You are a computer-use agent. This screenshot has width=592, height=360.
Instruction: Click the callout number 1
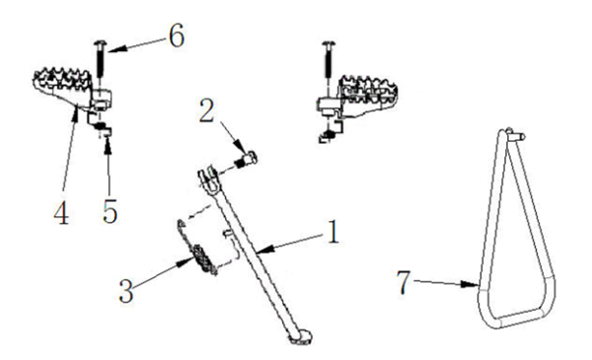(x=333, y=232)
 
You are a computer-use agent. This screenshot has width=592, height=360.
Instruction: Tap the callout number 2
(x=207, y=110)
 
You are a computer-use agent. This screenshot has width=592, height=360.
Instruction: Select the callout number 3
(x=126, y=291)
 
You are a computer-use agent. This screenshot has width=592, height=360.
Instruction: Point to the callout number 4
(x=61, y=213)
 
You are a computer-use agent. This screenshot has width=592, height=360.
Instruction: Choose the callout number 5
(x=110, y=211)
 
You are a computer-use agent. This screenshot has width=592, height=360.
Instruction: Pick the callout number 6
(x=177, y=36)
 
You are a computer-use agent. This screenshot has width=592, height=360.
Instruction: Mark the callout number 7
(x=404, y=283)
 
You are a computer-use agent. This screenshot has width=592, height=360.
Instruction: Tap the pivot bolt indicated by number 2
(x=246, y=159)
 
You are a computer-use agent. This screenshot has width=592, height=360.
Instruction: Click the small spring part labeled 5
(x=102, y=129)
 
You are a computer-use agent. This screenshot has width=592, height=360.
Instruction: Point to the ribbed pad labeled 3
(x=203, y=258)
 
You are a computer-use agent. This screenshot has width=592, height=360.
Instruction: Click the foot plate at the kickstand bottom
(x=301, y=337)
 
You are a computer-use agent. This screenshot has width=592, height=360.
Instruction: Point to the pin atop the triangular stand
(x=515, y=135)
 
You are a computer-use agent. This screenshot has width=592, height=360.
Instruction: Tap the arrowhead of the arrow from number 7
(x=472, y=284)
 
